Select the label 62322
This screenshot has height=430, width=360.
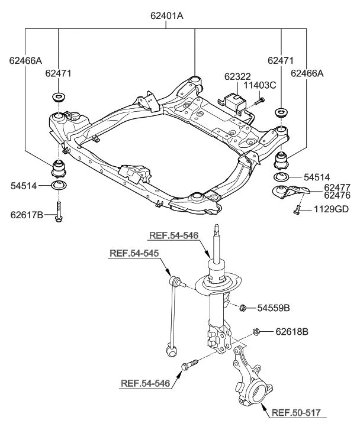pyautogui.click(x=237, y=77)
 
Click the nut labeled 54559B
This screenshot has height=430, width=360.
pyautogui.click(x=243, y=307)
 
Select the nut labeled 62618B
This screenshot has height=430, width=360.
pyautogui.click(x=256, y=331)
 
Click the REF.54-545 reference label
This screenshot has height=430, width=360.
pyautogui.click(x=134, y=254)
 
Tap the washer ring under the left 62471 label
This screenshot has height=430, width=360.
pyautogui.click(x=59, y=97)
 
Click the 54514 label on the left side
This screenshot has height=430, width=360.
pyautogui.click(x=24, y=186)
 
